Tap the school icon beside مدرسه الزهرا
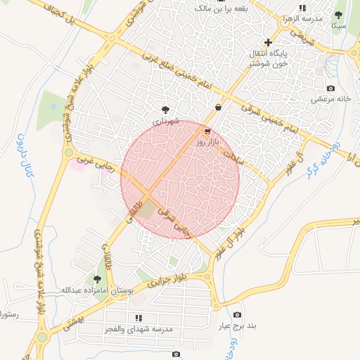pyautogui.click(x=302, y=8)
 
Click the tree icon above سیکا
pyautogui.click(x=338, y=15)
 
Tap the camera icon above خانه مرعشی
pyautogui.click(x=330, y=89)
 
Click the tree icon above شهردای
pyautogui.click(x=165, y=109)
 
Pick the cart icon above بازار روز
pyautogui.click(x=206, y=131)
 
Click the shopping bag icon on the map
pyautogui.click(x=219, y=108)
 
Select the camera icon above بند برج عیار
pyautogui.click(x=237, y=314)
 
